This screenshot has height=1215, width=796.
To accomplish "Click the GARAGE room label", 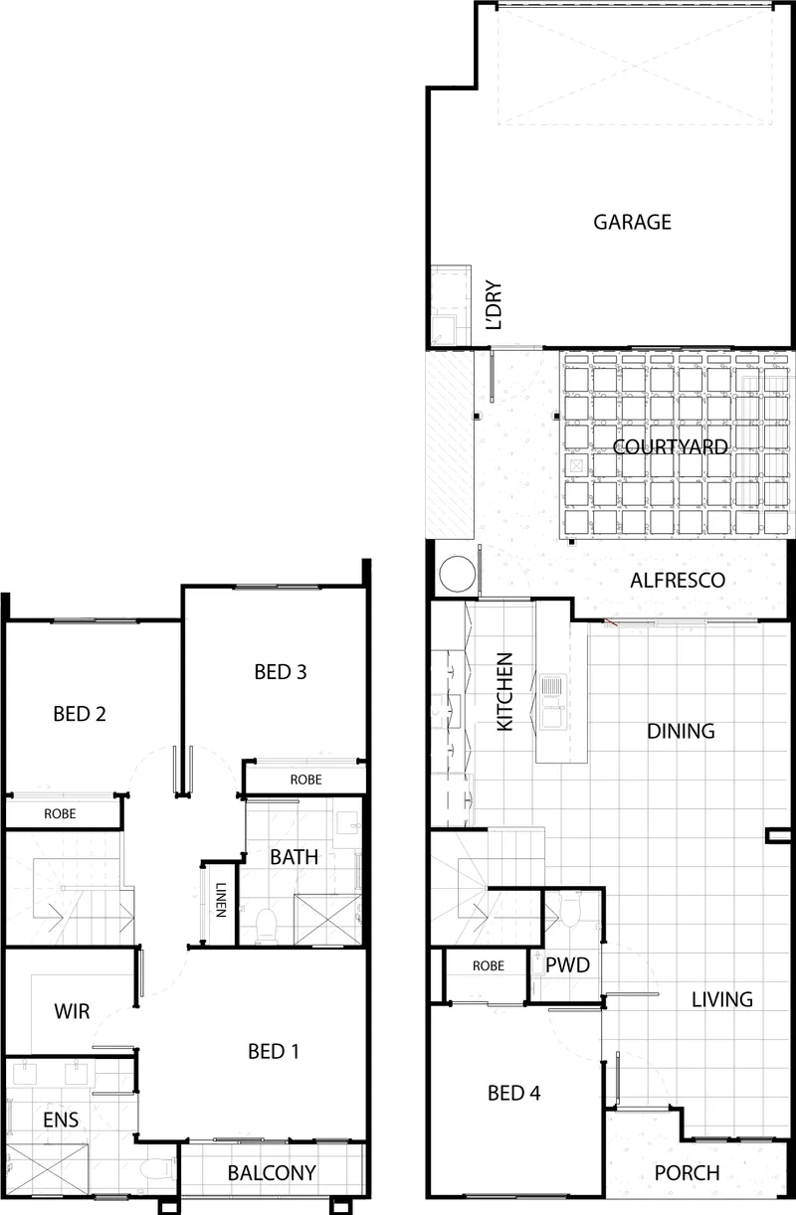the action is point(632,222).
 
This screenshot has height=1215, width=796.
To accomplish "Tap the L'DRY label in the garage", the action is point(494,305).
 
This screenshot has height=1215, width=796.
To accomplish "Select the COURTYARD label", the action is point(670,447).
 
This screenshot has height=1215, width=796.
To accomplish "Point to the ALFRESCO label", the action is point(678,581).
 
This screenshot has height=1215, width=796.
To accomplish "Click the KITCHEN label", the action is point(505,692).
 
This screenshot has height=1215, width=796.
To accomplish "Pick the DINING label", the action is point(681,731).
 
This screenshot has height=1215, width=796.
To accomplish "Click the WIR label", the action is point(72,1011).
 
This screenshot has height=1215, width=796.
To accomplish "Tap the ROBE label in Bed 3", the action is point(305,780).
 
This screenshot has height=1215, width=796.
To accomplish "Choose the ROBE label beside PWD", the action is point(489,965).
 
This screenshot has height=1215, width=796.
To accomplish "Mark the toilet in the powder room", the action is point(569,909).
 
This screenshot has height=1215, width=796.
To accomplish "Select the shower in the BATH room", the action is point(327,919).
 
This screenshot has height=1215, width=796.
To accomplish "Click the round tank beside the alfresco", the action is point(457,574).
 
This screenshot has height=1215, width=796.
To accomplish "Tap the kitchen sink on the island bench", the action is point(553,701).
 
